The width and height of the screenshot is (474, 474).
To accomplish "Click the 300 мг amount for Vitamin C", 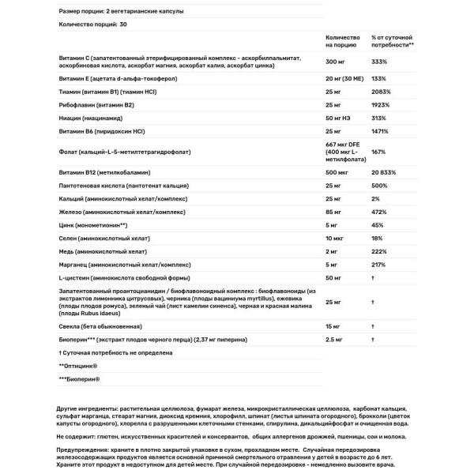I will point(336,61).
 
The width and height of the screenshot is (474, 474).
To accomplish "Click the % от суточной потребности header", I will point(392,41).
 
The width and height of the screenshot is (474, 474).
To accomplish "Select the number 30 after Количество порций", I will point(124,24).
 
